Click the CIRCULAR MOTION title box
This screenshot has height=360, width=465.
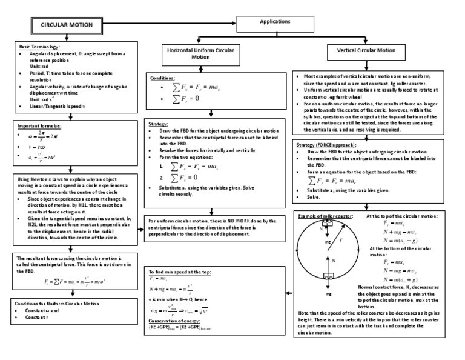[x=67, y=25]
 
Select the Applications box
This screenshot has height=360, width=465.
[x=275, y=21]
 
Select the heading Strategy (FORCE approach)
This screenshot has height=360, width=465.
[x=328, y=145]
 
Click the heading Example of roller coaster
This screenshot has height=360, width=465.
[x=326, y=216]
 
